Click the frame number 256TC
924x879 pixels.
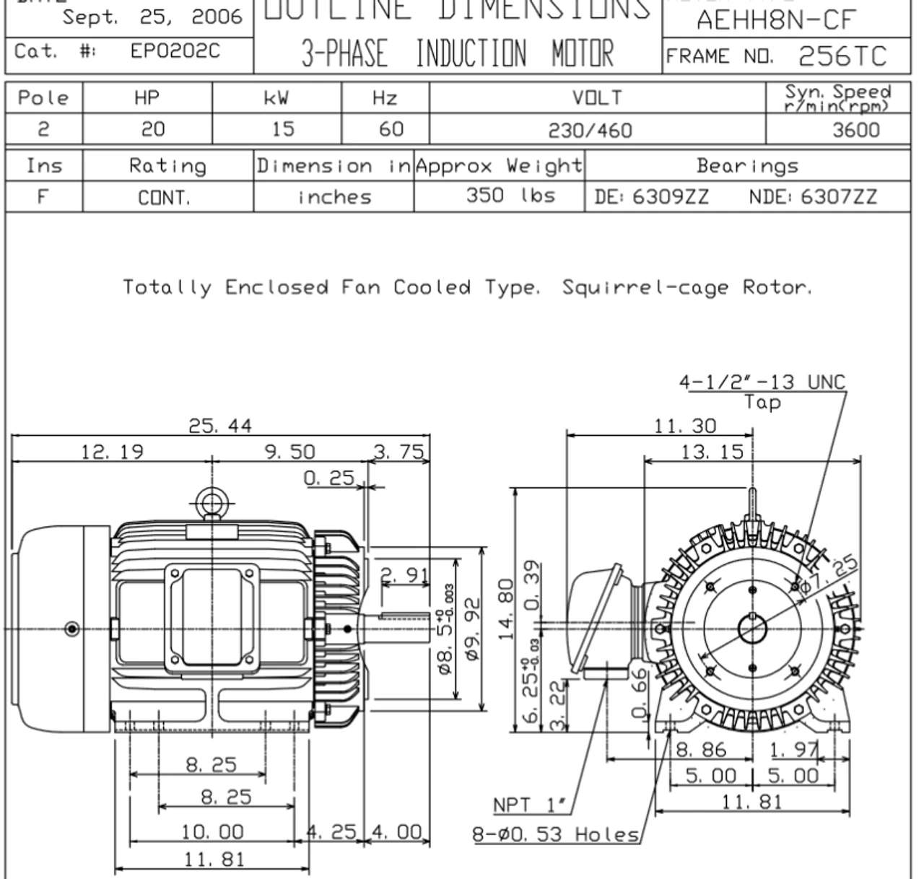(842, 56)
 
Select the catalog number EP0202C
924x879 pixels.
(175, 51)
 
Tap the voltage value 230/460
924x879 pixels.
(590, 131)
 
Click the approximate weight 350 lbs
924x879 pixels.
(510, 196)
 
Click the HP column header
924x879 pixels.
(147, 98)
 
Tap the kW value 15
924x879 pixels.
(282, 129)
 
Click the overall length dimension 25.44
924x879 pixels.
(220, 426)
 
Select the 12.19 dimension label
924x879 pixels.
(112, 452)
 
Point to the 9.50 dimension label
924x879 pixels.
(289, 452)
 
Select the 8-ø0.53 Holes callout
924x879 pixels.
(556, 835)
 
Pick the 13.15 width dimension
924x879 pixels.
(712, 452)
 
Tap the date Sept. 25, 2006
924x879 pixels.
(152, 17)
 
